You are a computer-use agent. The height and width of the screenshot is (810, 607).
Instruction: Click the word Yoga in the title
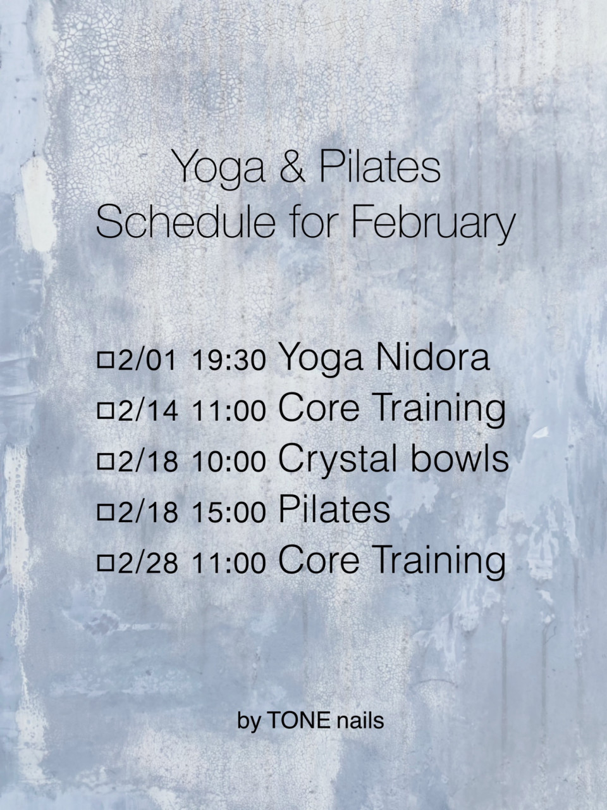click(x=219, y=170)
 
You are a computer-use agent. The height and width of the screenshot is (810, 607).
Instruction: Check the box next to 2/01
click(x=105, y=360)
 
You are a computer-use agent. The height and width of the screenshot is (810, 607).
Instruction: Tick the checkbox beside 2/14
click(x=105, y=411)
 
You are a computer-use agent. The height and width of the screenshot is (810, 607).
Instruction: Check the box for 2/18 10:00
click(x=105, y=462)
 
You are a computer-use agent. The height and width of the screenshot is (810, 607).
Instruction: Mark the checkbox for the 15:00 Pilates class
click(x=105, y=513)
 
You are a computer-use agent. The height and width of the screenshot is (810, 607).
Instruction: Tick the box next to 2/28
click(x=105, y=564)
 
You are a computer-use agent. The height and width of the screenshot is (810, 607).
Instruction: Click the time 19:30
click(x=228, y=360)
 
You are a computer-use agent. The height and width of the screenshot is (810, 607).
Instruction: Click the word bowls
click(x=460, y=458)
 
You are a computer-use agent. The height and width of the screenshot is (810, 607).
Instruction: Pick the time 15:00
click(x=228, y=513)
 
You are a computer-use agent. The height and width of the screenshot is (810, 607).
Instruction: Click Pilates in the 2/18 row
click(x=334, y=509)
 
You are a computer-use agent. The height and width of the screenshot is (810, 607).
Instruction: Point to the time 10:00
click(x=228, y=462)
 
